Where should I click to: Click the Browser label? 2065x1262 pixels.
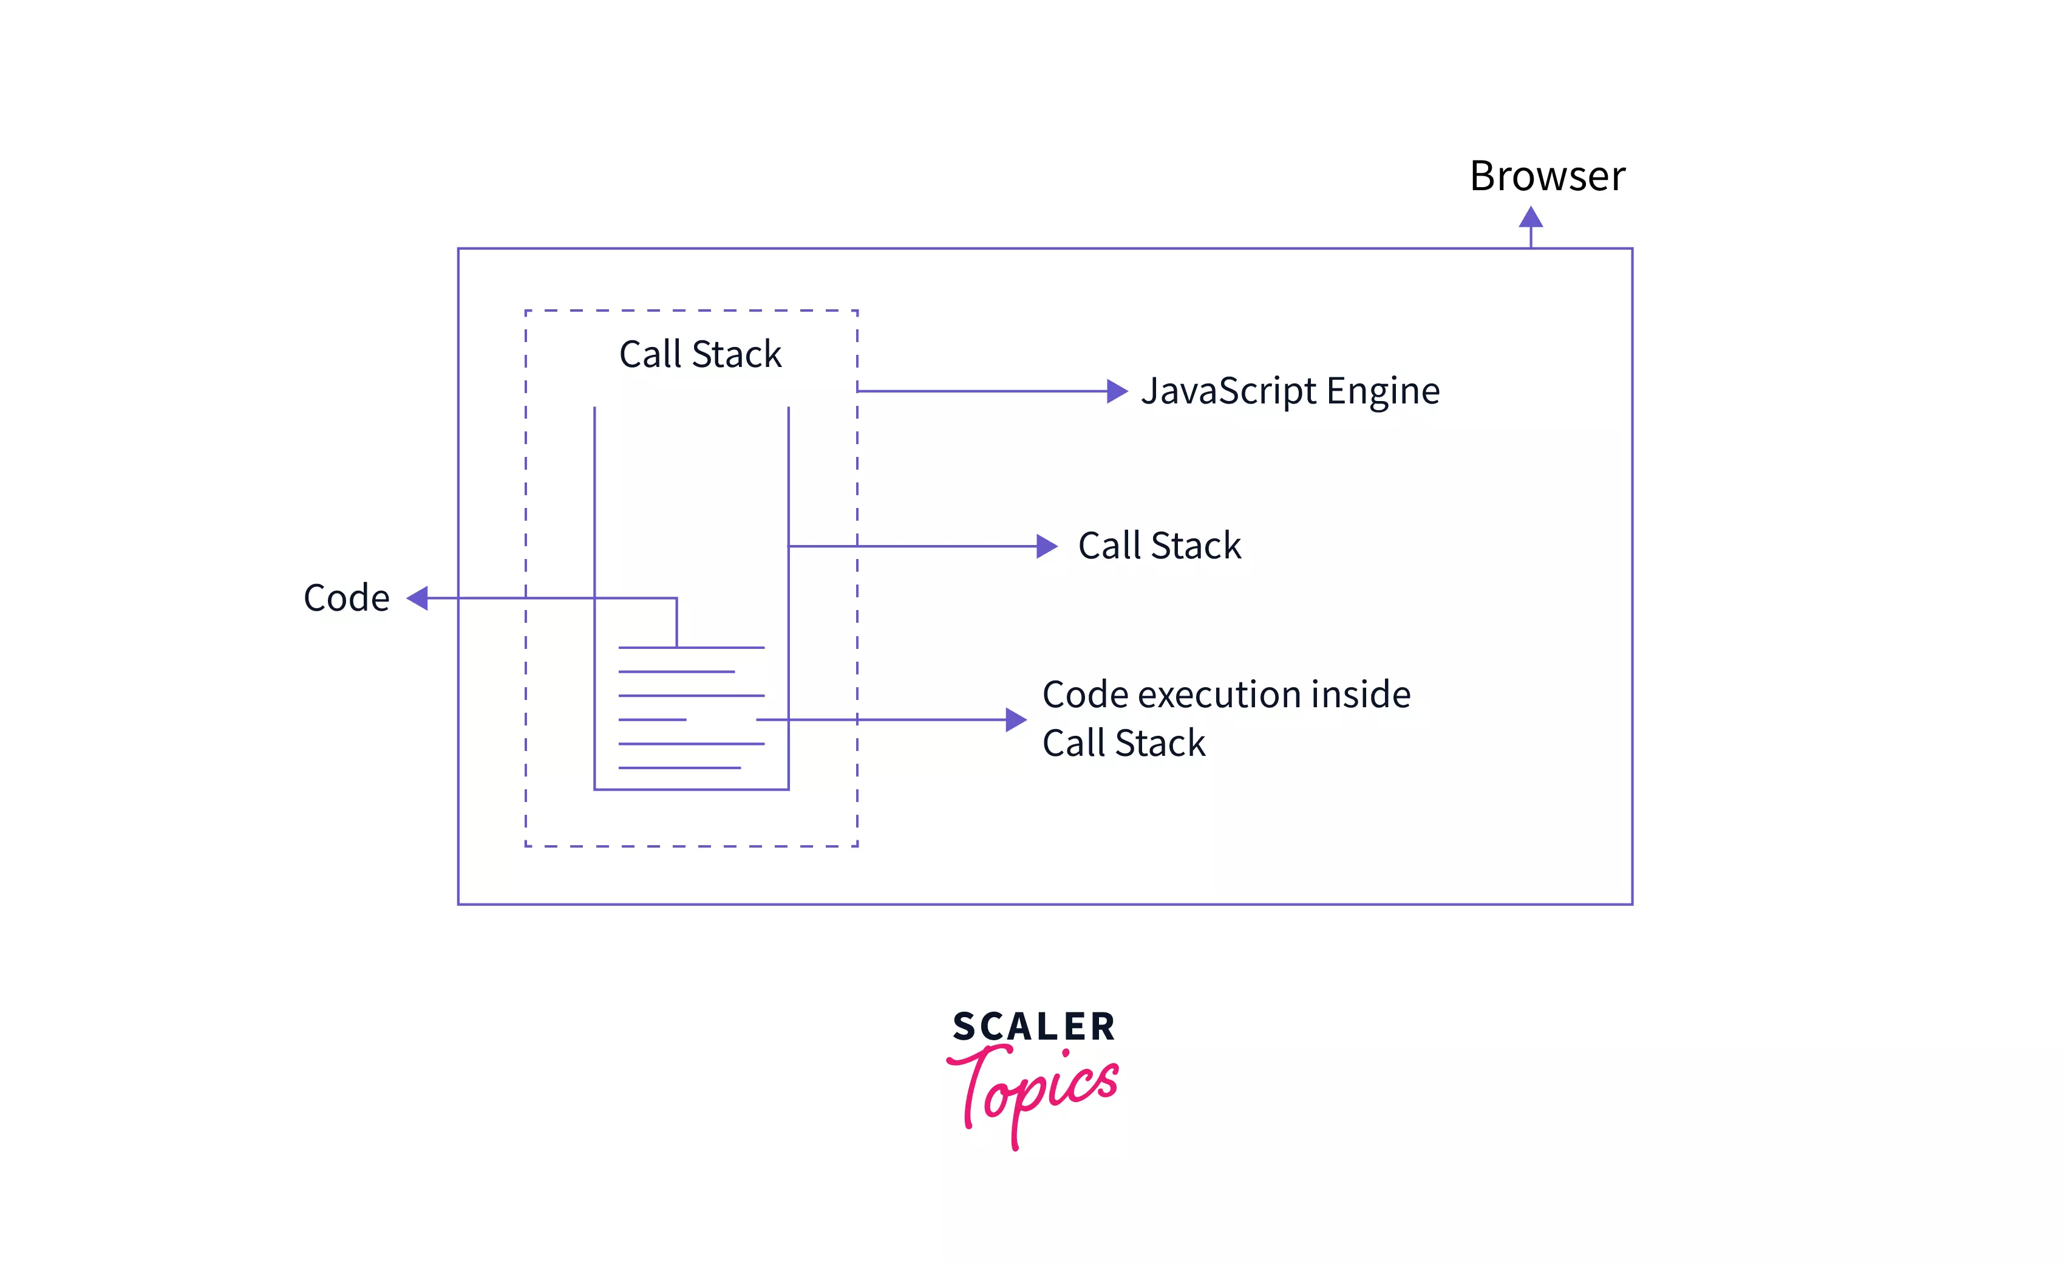[1546, 176]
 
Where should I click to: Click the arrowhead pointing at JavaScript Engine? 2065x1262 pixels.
[1117, 391]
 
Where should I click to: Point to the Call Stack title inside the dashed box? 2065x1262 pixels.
[700, 354]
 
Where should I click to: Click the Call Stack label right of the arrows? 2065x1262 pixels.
[1159, 546]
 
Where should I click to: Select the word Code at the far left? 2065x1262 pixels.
[346, 598]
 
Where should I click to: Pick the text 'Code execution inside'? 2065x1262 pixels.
[1226, 694]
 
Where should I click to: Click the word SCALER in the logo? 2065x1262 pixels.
[1033, 1026]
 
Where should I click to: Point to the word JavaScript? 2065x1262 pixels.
[1228, 391]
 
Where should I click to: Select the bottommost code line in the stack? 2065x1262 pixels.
[679, 767]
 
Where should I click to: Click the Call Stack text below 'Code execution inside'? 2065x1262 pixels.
[1123, 743]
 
